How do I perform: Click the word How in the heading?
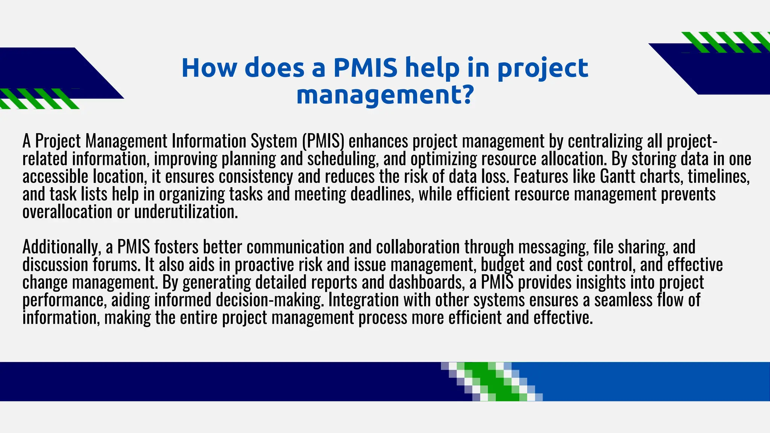(x=209, y=68)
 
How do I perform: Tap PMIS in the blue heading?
(x=365, y=68)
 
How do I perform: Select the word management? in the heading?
(x=385, y=95)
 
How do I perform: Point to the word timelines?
(x=718, y=176)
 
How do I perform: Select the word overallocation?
(x=67, y=212)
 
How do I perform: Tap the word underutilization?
(x=186, y=212)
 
